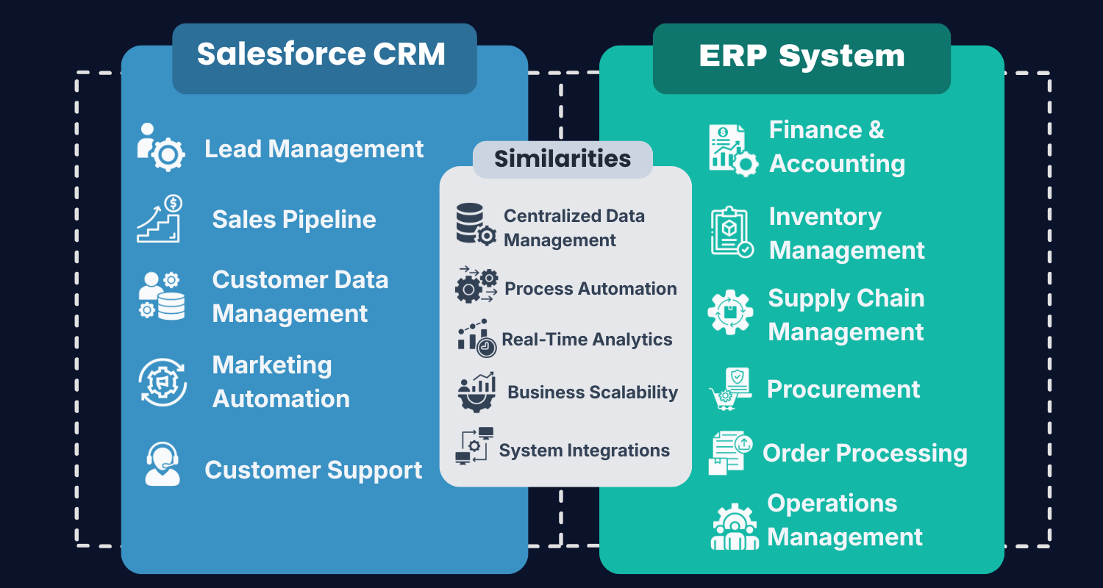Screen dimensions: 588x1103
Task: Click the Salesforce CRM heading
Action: pos(321,55)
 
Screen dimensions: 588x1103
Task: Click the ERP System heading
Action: pos(802,57)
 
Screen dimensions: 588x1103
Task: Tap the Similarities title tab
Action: pos(563,159)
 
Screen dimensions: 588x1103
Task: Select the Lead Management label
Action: pos(314,149)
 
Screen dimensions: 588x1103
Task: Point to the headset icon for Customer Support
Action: pos(162,465)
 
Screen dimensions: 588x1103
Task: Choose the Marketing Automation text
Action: pos(281,382)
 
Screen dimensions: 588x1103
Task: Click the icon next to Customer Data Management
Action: pos(162,295)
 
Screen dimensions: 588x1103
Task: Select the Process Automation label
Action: pos(590,289)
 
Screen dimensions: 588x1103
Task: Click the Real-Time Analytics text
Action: pos(587,340)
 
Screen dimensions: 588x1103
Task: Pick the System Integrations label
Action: pos(585,451)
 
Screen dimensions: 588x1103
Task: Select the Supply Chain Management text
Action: pos(846,315)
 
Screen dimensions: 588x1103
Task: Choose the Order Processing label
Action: pos(865,453)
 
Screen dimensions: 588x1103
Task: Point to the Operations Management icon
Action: pos(735,526)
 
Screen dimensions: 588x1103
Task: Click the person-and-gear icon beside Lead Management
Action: pos(161,148)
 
